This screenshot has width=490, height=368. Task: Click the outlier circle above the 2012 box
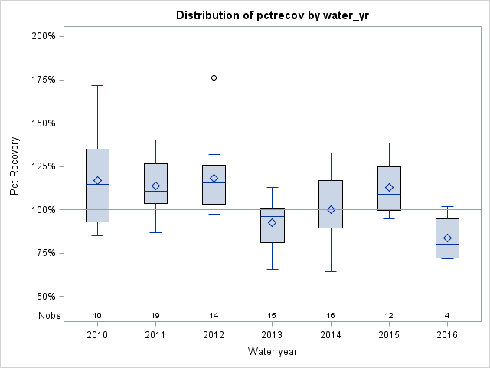pyautogui.click(x=214, y=77)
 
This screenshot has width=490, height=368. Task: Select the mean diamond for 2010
pyautogui.click(x=97, y=181)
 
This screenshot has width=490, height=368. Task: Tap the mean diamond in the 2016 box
pyautogui.click(x=447, y=238)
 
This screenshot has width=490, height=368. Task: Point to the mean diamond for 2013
pyautogui.click(x=272, y=222)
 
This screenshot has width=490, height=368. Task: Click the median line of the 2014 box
pyautogui.click(x=331, y=209)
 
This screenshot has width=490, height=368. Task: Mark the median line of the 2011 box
pyautogui.click(x=155, y=191)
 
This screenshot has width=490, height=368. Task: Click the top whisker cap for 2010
pyautogui.click(x=97, y=85)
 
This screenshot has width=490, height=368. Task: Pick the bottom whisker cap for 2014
pyautogui.click(x=331, y=271)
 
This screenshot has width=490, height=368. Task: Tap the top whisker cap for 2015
pyautogui.click(x=389, y=143)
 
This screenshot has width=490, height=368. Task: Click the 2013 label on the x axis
pyautogui.click(x=272, y=336)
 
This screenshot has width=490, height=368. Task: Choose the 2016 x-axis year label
pyautogui.click(x=447, y=336)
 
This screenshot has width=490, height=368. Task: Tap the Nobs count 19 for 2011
pyautogui.click(x=155, y=316)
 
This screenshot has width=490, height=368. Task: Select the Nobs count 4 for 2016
pyautogui.click(x=447, y=316)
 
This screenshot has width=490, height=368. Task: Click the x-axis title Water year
pyautogui.click(x=272, y=352)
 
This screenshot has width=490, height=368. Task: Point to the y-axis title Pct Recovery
pyautogui.click(x=15, y=166)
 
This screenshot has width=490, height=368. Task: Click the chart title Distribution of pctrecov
pyautogui.click(x=272, y=15)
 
